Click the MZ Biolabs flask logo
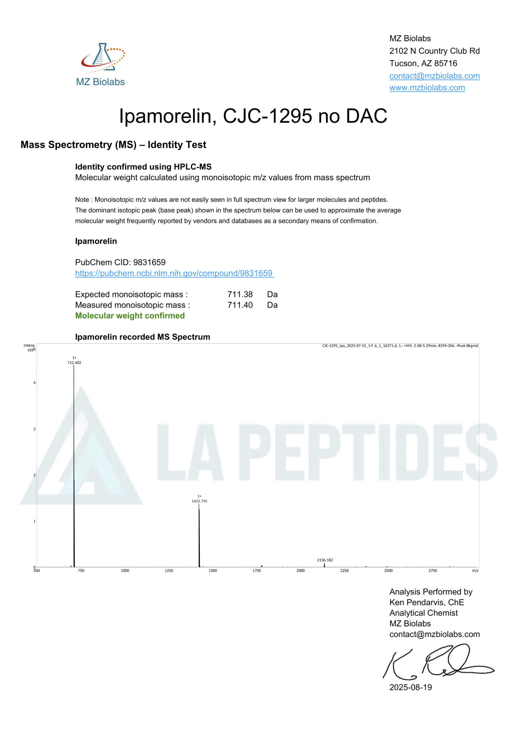pyautogui.click(x=102, y=58)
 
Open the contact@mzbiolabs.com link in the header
pyautogui.click(x=434, y=76)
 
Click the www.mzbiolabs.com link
pyautogui.click(x=427, y=88)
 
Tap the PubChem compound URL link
pyautogui.click(x=174, y=273)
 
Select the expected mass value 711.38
pyautogui.click(x=240, y=294)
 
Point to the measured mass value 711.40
pyautogui.click(x=240, y=305)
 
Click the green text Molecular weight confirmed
pyautogui.click(x=130, y=316)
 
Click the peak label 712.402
pyautogui.click(x=74, y=363)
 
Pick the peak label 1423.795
pyautogui.click(x=199, y=501)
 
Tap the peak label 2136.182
pyautogui.click(x=325, y=560)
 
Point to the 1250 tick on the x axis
pyautogui.click(x=169, y=571)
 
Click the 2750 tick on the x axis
pyautogui.click(x=433, y=571)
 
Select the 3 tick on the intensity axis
pyautogui.click(x=35, y=429)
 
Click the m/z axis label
pyautogui.click(x=475, y=571)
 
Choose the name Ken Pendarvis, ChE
pyautogui.click(x=427, y=602)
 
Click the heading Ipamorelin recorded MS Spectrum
pyautogui.click(x=143, y=337)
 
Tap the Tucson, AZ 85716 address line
pyautogui.click(x=423, y=64)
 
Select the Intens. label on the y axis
pyautogui.click(x=29, y=345)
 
